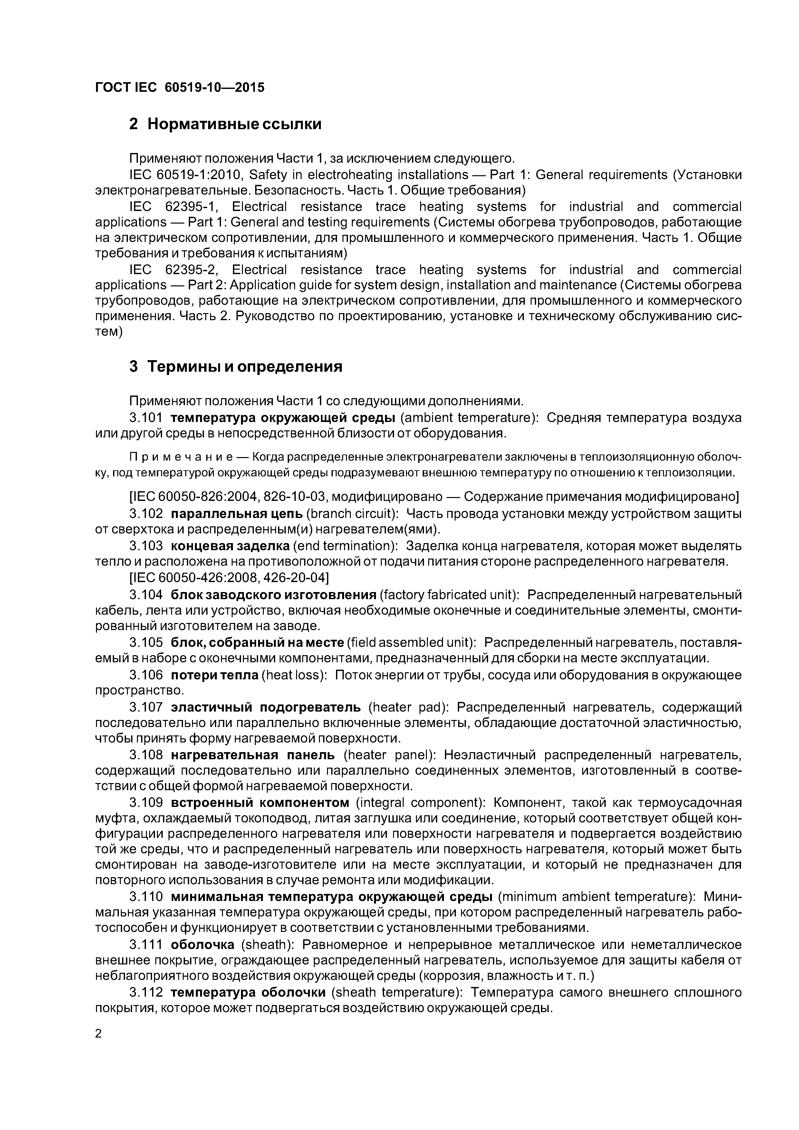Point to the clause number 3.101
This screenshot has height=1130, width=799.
click(146, 418)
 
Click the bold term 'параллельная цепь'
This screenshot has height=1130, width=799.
click(237, 514)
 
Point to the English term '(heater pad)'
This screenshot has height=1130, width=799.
click(409, 707)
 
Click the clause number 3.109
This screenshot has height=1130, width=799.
click(146, 803)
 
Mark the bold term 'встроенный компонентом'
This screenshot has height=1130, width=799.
click(259, 803)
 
